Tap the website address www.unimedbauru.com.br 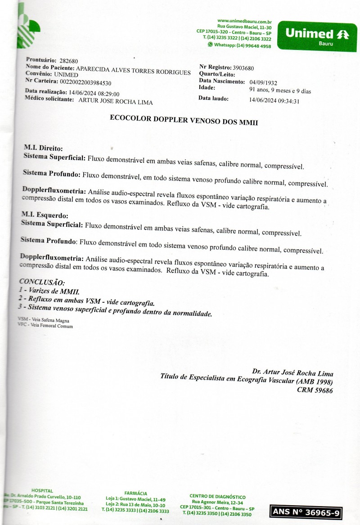tap(244, 21)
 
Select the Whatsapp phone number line tap(239, 45)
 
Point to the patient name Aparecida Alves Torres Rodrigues tap(133, 70)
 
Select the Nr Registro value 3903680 tap(243, 68)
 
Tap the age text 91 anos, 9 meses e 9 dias tap(280, 91)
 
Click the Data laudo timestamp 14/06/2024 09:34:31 tap(274, 101)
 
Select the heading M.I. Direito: tap(43, 148)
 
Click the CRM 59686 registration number tap(315, 390)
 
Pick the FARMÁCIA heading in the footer tap(135, 494)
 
